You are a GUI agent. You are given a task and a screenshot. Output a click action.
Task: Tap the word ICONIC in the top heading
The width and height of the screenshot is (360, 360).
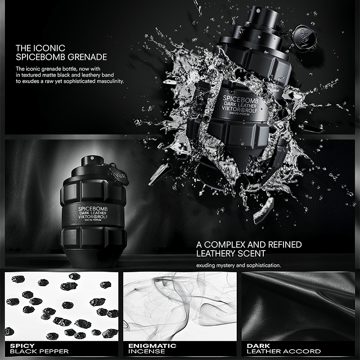pyautogui.click(x=49, y=48)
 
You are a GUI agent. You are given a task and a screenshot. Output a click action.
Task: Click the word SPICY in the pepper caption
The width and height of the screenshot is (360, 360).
pyautogui.click(x=22, y=346)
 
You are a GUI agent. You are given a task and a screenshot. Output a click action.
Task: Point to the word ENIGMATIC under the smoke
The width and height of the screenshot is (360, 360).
pyautogui.click(x=152, y=346)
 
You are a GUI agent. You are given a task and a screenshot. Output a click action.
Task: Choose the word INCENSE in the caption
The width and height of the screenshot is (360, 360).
pyautogui.click(x=147, y=351)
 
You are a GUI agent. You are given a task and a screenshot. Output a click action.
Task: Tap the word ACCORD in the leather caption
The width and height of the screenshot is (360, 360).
pyautogui.click(x=302, y=351)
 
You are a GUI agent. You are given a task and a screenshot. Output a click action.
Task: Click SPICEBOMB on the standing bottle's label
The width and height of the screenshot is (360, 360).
pyautogui.click(x=93, y=209)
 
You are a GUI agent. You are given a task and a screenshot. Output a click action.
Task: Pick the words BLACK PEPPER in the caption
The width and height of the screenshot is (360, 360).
pyautogui.click(x=39, y=351)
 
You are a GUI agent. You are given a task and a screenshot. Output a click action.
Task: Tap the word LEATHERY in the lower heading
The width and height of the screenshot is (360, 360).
pyautogui.click(x=216, y=253)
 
